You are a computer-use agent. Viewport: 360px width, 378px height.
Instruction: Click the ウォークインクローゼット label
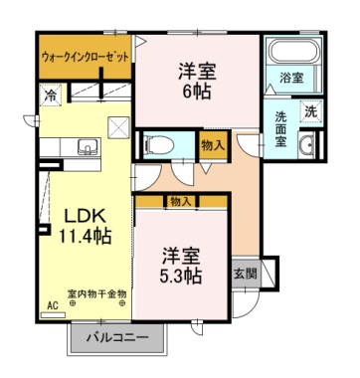pos(85,57)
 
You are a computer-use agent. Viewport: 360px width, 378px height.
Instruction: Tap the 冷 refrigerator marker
pos(50,95)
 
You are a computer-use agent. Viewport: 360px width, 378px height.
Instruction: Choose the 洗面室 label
pos(281,129)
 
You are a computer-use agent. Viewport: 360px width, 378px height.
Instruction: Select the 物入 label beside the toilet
pos(213,145)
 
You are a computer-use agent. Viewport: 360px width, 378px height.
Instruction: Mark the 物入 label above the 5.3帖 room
pos(180,201)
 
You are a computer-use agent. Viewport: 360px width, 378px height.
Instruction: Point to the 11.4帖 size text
pos(85,237)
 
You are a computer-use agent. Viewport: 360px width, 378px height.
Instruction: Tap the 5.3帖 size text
pos(182,275)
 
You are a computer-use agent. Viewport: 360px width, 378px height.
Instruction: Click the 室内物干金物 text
pos(96,293)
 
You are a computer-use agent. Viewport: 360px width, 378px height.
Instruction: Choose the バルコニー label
pos(116,337)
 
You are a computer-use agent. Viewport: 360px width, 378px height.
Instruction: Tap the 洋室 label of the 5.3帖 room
pos(182,254)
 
